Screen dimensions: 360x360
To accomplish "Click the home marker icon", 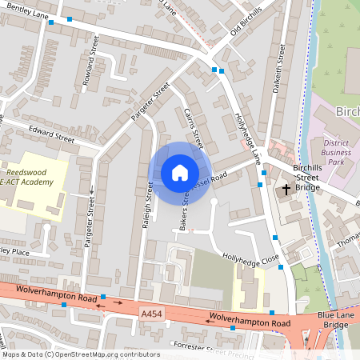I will click(180, 173).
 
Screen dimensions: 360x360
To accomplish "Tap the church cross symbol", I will click(286, 190).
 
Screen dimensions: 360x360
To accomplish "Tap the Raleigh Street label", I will click(148, 206).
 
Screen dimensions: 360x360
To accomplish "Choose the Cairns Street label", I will click(194, 128).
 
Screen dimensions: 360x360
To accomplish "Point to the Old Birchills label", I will click(244, 33).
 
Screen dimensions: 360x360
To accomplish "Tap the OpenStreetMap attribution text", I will click(80, 354).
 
